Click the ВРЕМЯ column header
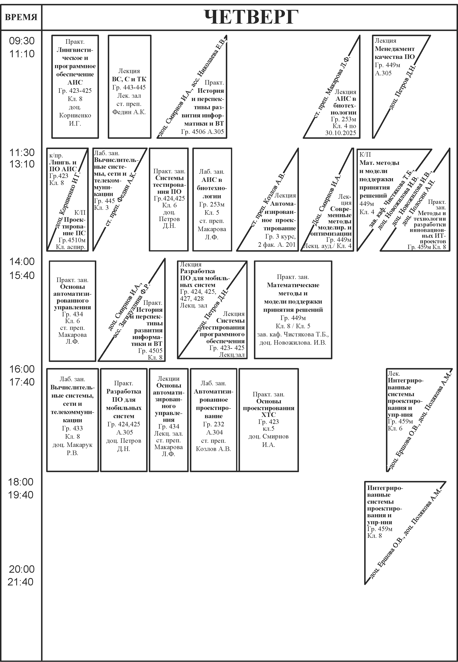pyautogui.click(x=21, y=17)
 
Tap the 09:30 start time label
pyautogui.click(x=22, y=41)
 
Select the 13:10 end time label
pyautogui.click(x=22, y=164)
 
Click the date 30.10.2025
pyautogui.click(x=340, y=133)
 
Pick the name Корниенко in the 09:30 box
pyautogui.click(x=75, y=115)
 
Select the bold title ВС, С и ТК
pyautogui.click(x=129, y=79)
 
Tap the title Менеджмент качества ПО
pyautogui.click(x=395, y=53)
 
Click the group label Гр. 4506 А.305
pyautogui.click(x=202, y=132)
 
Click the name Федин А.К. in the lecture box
pyautogui.click(x=129, y=112)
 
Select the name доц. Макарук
pyautogui.click(x=72, y=445)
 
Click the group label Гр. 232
pyautogui.click(x=214, y=424)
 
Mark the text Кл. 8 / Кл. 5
pyautogui.click(x=293, y=326)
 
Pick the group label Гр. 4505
pyautogui.click(x=150, y=351)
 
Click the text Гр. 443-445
pyautogui.click(x=129, y=87)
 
